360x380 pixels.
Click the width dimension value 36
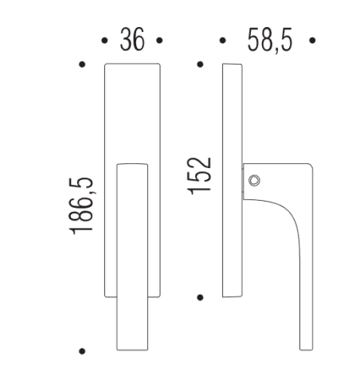[132, 40]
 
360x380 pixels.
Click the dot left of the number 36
[105, 40]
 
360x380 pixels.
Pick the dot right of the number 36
[159, 40]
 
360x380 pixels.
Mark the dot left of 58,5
[222, 40]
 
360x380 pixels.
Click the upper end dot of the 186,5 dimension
[82, 64]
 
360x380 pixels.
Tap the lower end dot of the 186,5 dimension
[82, 350]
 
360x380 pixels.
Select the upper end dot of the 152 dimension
[200, 64]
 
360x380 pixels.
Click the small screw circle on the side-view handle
[254, 181]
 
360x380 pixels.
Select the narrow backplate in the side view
[233, 179]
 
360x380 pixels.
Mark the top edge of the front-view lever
[132, 164]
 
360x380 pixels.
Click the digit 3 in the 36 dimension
[126, 40]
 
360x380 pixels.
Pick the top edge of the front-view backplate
[132, 65]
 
